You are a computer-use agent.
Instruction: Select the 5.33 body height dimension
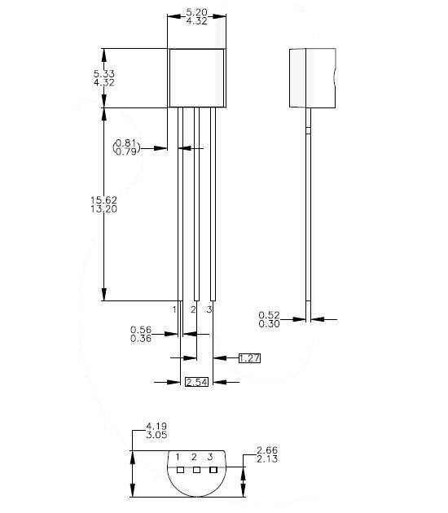(x=104, y=73)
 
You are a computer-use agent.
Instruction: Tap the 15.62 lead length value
(x=104, y=199)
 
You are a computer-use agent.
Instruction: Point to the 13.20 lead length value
(x=104, y=209)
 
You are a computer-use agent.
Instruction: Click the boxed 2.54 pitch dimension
(x=197, y=382)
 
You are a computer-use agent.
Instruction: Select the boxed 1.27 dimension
(x=249, y=357)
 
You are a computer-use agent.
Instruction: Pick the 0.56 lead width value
(x=141, y=330)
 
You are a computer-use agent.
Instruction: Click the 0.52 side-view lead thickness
(x=269, y=314)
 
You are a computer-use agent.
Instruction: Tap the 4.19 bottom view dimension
(x=156, y=426)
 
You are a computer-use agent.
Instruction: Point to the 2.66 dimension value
(x=267, y=450)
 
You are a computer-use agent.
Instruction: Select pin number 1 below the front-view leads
(x=174, y=309)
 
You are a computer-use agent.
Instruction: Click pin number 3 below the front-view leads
(x=209, y=309)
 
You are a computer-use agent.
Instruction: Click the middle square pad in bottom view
(x=196, y=470)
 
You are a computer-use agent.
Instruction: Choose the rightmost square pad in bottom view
(x=213, y=470)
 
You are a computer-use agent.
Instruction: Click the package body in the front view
(x=196, y=77)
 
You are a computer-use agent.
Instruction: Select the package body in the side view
(x=312, y=77)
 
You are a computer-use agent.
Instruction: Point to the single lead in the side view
(x=307, y=212)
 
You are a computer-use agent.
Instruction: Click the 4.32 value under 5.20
(x=195, y=22)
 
